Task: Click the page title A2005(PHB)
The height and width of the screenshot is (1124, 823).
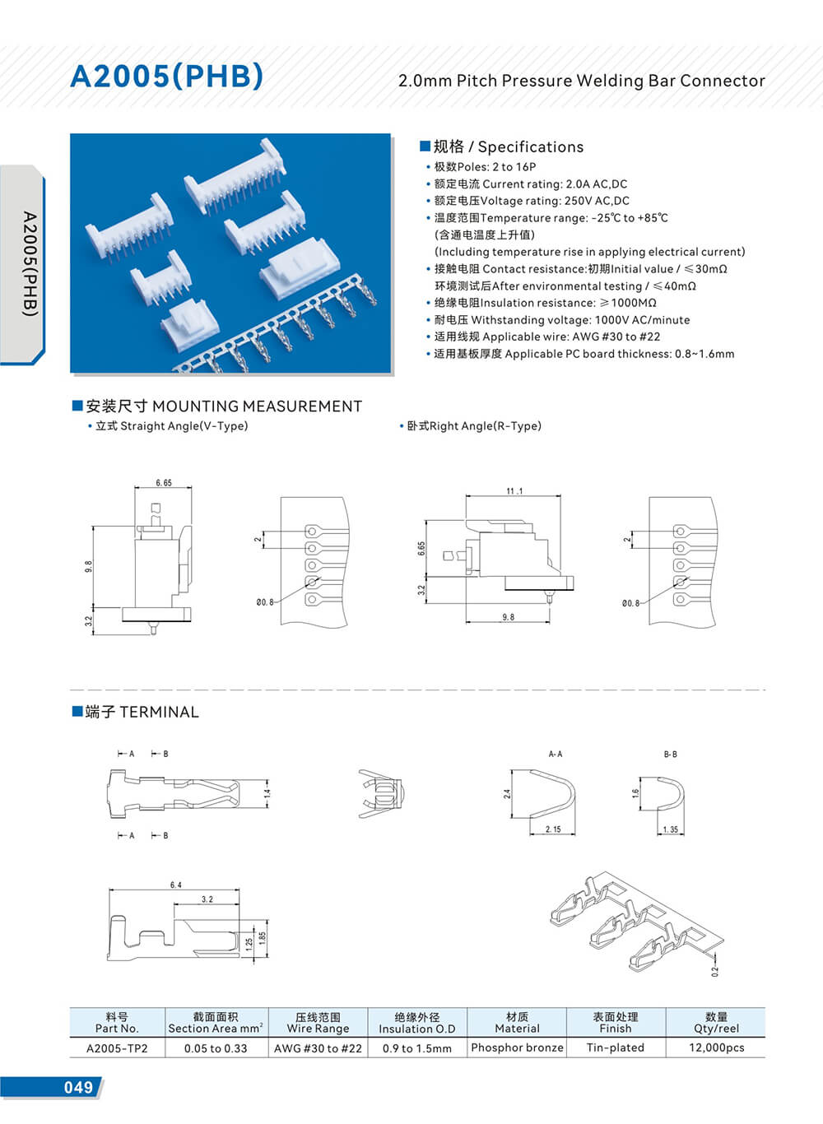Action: pos(167,77)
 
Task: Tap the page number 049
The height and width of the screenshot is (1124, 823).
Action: pos(78,1088)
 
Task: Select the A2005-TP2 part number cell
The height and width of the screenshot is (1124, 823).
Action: pos(117,1048)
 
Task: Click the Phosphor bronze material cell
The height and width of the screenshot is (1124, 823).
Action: pos(517,1047)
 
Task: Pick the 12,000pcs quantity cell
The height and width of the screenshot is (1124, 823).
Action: pos(716,1047)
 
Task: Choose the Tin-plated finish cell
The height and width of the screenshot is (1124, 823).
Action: pos(615,1047)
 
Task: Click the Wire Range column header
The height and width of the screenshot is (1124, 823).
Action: pos(318,1023)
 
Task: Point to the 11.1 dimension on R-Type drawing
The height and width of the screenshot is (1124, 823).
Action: pos(514,491)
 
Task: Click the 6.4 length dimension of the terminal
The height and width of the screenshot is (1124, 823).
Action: pos(175,885)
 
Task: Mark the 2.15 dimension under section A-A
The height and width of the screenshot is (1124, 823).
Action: pos(552,829)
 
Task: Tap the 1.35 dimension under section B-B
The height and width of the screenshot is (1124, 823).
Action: pos(671,829)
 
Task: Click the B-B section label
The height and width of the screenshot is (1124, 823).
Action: pos(670,754)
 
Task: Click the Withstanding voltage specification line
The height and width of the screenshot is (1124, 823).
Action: pos(562,320)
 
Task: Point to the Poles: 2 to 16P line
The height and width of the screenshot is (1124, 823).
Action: pos(485,167)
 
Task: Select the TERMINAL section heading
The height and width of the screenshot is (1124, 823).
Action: pos(142,713)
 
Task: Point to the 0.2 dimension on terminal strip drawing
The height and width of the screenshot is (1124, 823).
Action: pos(715,971)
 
